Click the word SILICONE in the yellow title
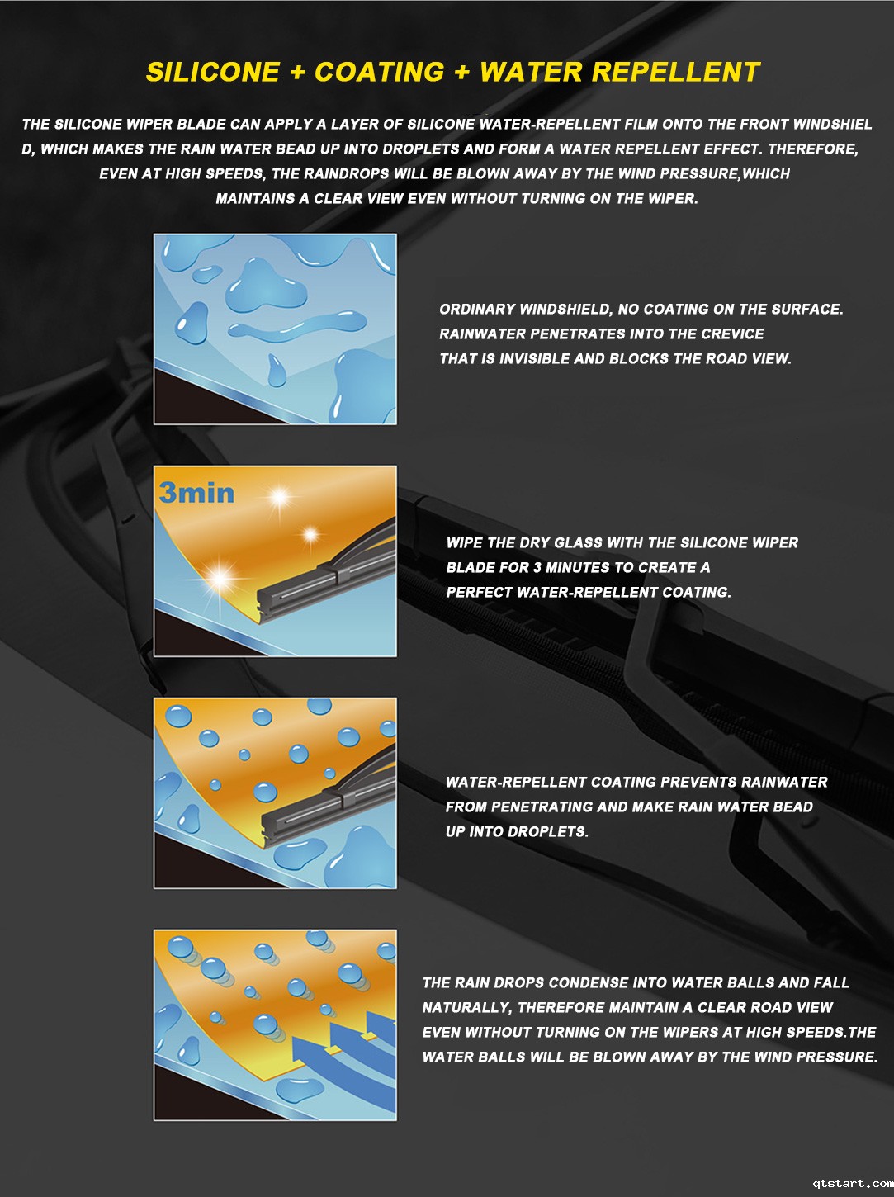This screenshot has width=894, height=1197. tap(213, 73)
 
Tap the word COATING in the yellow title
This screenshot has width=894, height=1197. tap(380, 73)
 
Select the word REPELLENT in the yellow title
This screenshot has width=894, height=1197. tap(676, 73)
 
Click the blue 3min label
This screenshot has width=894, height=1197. tap(196, 493)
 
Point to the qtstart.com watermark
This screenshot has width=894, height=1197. tap(853, 1183)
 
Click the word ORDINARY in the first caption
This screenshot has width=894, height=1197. tap(476, 310)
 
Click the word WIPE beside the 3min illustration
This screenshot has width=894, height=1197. tap(465, 542)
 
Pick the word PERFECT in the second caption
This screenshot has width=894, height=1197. tap(479, 592)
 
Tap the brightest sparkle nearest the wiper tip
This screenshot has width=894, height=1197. tap(220, 579)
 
